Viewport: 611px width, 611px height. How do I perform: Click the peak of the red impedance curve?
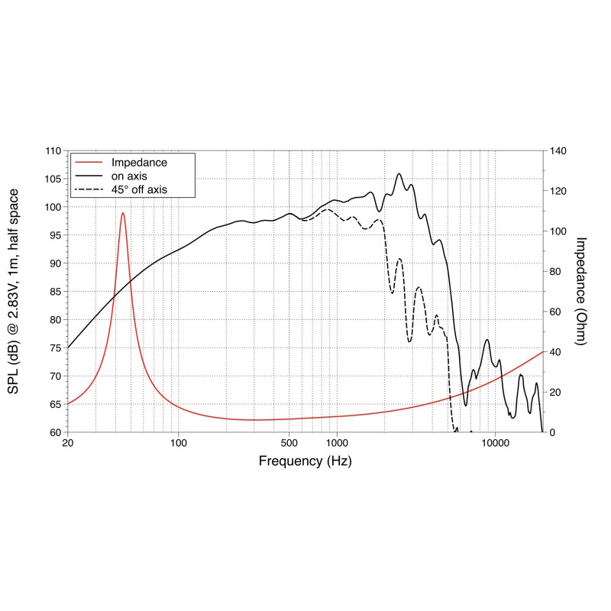click(122, 213)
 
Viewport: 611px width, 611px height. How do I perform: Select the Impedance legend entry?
click(139, 162)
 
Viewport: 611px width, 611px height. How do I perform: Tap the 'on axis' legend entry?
click(131, 175)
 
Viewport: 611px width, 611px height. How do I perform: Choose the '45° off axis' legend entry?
click(139, 189)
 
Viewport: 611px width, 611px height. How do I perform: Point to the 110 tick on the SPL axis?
click(53, 151)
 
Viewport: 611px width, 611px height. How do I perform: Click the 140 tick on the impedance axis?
click(558, 151)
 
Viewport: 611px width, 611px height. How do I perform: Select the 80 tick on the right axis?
click(555, 272)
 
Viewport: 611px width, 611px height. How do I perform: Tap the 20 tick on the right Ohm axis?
click(555, 392)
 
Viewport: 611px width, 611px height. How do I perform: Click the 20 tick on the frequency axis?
click(68, 444)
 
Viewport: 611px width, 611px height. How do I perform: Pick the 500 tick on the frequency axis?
click(289, 444)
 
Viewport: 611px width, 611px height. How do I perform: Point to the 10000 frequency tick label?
click(495, 444)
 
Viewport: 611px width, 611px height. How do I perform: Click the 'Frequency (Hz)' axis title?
click(305, 461)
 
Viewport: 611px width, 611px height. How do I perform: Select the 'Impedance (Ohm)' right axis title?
click(580, 291)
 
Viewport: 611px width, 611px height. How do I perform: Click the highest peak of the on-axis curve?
click(399, 173)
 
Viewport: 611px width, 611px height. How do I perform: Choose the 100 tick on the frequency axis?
click(179, 444)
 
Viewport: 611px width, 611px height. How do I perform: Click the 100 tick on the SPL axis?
click(53, 208)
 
